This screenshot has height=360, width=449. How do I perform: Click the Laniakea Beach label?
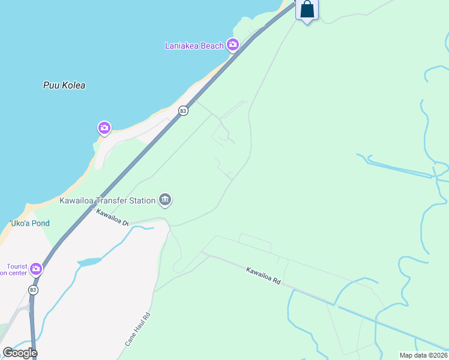[194, 46]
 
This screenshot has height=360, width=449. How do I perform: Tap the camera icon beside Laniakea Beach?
[233, 45]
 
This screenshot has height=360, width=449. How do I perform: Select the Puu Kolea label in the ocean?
[64, 85]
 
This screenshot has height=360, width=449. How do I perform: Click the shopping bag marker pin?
[307, 10]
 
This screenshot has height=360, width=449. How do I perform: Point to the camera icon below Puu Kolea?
[104, 128]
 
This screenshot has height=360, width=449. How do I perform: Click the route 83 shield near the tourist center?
[33, 290]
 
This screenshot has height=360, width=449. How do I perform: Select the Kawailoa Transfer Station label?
[107, 200]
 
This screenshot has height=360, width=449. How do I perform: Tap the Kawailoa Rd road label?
[264, 275]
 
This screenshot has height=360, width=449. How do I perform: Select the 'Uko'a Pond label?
[29, 223]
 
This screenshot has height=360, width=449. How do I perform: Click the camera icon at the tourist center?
[36, 268]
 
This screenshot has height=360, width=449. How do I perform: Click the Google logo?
[20, 353]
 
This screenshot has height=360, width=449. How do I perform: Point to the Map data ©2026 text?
[423, 355]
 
